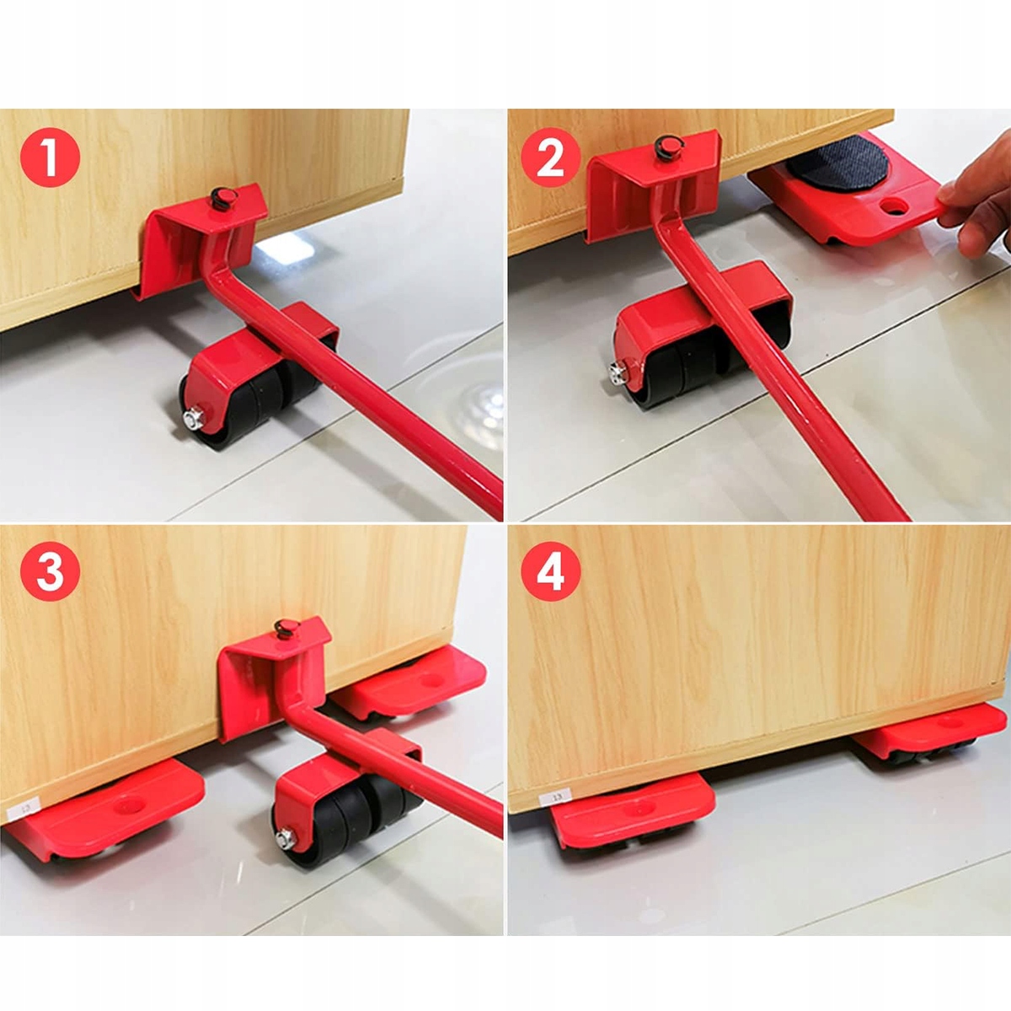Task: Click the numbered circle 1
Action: [51, 157]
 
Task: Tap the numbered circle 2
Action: [551, 157]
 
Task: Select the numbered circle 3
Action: [51, 571]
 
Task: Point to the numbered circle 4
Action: [551, 571]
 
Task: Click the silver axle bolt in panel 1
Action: [194, 419]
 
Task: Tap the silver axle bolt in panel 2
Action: [619, 373]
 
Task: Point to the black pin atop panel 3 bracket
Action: [286, 628]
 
